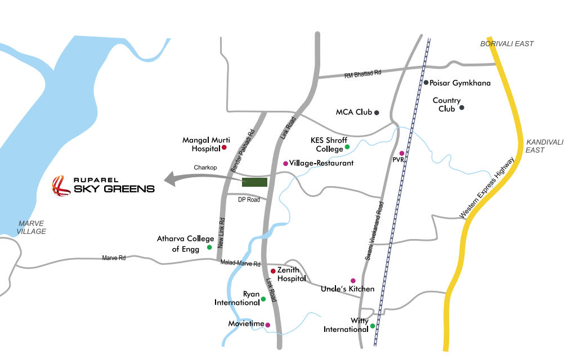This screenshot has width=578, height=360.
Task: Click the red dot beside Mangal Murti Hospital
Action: [224, 147]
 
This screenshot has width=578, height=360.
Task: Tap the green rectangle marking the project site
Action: [254, 182]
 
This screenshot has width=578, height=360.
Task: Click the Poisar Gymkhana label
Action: [460, 83]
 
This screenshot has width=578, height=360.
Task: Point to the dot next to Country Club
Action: [461, 107]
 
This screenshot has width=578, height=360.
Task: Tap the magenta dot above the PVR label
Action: [402, 153]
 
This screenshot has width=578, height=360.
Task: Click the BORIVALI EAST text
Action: [507, 44]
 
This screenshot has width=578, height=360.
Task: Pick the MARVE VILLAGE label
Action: [32, 227]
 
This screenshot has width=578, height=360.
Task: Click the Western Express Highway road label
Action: [487, 188]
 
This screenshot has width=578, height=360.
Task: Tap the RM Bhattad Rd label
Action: [363, 73]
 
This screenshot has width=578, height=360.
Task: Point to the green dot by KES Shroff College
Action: [347, 147]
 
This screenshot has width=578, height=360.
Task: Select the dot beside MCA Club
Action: [377, 112]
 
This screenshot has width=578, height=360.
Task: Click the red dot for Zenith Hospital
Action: [273, 271]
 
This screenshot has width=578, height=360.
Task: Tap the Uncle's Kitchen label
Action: [347, 289]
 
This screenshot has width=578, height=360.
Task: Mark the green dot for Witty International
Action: [373, 326]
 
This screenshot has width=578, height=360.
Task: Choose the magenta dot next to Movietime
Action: [267, 325]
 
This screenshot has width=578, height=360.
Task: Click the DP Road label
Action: [249, 200]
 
